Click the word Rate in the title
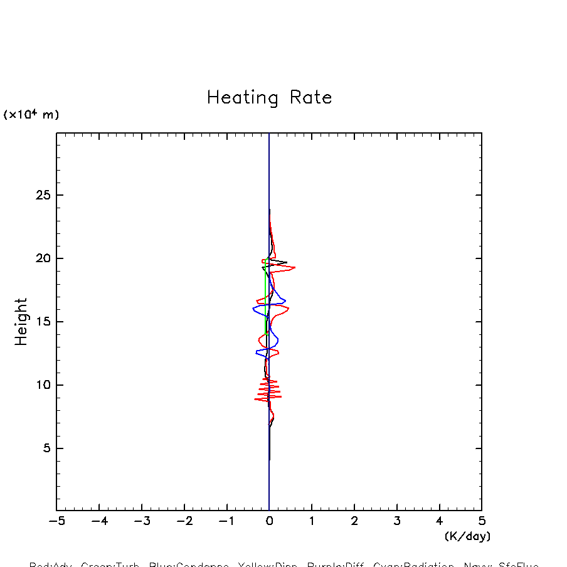tap(310, 98)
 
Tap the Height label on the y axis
tap(21, 322)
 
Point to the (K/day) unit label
tap(467, 536)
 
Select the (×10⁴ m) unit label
tap(31, 114)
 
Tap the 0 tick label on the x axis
tap(269, 521)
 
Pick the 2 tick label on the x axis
tap(354, 521)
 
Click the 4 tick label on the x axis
tap(439, 521)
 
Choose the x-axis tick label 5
tap(482, 521)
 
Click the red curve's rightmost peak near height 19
tap(294, 268)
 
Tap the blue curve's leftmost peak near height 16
tap(253, 309)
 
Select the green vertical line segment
tap(266, 295)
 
